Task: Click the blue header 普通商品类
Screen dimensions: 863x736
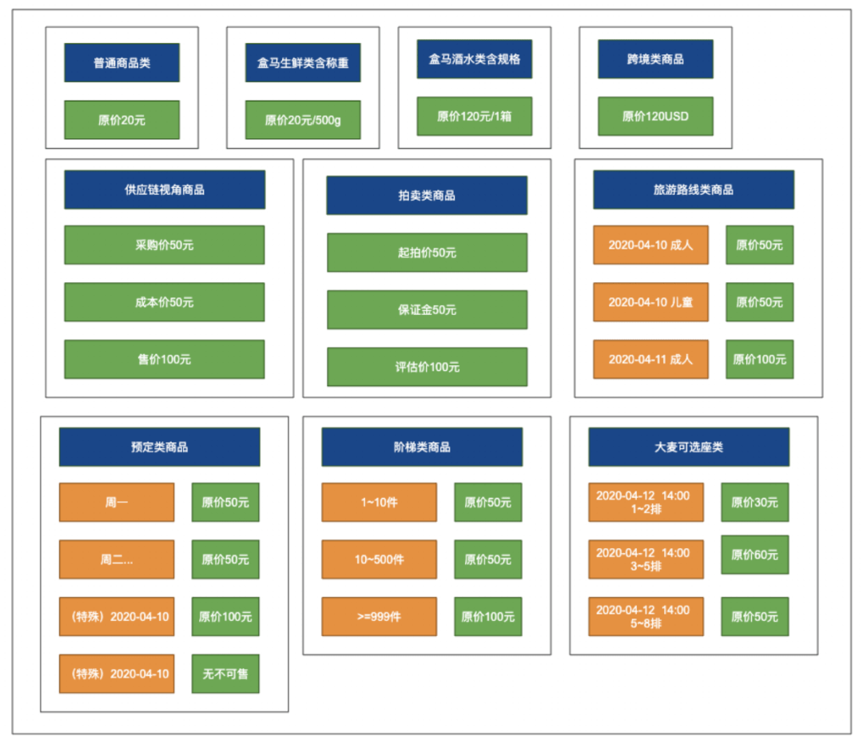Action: coord(121,63)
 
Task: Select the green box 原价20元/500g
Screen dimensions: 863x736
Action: coord(303,119)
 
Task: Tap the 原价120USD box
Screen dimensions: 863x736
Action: coord(655,116)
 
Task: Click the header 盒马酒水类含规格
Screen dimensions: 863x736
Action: coord(475,59)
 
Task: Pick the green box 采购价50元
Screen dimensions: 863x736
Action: coord(165,245)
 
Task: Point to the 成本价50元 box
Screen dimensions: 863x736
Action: coord(165,302)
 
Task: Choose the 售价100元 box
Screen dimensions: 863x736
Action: coord(165,360)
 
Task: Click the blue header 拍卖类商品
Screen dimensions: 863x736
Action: coord(427,196)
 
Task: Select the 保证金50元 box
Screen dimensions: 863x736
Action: coord(427,310)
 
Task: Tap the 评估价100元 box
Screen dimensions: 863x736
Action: coord(427,367)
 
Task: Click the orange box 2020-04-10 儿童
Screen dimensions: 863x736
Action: coord(650,302)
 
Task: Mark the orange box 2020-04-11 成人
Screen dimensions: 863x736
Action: coord(650,360)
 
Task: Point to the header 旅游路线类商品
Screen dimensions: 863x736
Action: coord(694,190)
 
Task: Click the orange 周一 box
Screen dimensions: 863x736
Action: coord(117,502)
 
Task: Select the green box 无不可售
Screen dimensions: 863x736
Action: coord(225,674)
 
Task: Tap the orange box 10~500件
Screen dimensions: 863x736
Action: coord(380,559)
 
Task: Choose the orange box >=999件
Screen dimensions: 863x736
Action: coord(380,617)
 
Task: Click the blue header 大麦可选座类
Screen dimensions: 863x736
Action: coord(689,447)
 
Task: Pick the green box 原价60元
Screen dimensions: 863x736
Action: coord(755,555)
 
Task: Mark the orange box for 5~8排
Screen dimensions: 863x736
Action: coord(646,617)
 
